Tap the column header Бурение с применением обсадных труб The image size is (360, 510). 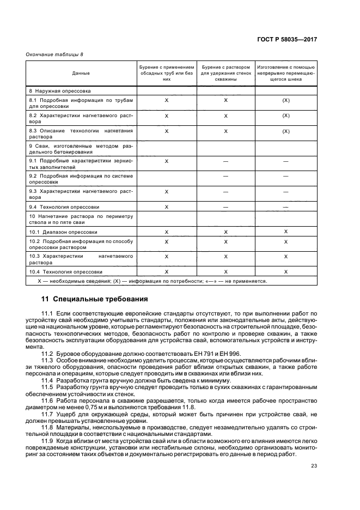click(x=167, y=72)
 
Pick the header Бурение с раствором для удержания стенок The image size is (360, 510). click(x=225, y=72)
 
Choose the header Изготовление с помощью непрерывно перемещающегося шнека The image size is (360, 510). click(x=285, y=72)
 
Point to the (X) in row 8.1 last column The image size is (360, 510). click(x=285, y=101)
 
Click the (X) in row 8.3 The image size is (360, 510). click(x=285, y=131)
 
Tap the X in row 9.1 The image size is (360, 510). click(x=167, y=161)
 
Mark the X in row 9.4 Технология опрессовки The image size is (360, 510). click(x=167, y=207)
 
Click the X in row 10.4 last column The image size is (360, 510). click(x=285, y=271)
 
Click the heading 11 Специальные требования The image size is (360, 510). click(x=94, y=299)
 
